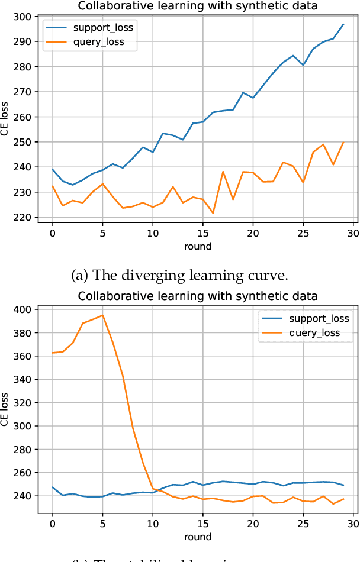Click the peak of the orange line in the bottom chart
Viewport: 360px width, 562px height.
(102, 315)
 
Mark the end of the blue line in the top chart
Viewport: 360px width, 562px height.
(343, 24)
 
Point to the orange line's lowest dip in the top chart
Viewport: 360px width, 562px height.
(213, 213)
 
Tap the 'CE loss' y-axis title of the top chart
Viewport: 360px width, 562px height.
(6, 118)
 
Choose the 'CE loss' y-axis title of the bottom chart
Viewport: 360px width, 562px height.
(6, 409)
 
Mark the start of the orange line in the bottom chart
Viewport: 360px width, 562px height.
(53, 353)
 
